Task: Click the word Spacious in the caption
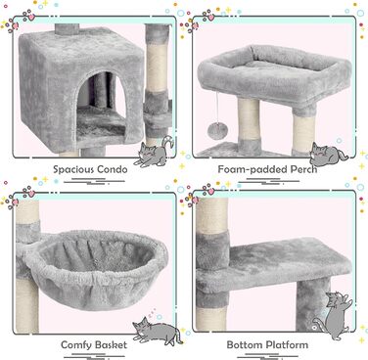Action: pos(73,169)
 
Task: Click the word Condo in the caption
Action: pos(113,169)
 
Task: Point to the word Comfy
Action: pos(76,345)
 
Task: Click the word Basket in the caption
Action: pos(111,344)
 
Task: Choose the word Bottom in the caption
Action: pos(245,344)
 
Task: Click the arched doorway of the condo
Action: pos(101,106)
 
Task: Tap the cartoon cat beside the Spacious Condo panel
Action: pos(154,152)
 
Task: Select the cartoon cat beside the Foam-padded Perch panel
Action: pos(328,154)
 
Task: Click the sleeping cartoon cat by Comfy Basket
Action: pos(158,330)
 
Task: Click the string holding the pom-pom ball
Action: pos(217,108)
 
